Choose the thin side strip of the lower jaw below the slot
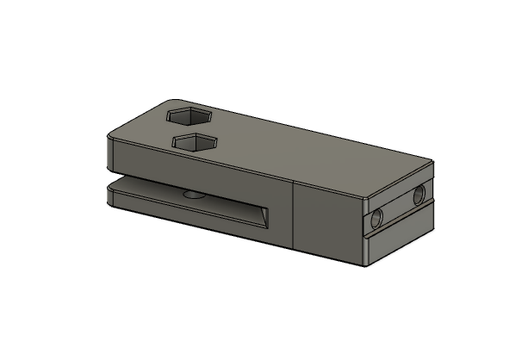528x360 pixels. pos(189,219)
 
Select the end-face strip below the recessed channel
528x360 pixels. pos(401,237)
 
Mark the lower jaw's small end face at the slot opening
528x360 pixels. pos(110,197)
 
